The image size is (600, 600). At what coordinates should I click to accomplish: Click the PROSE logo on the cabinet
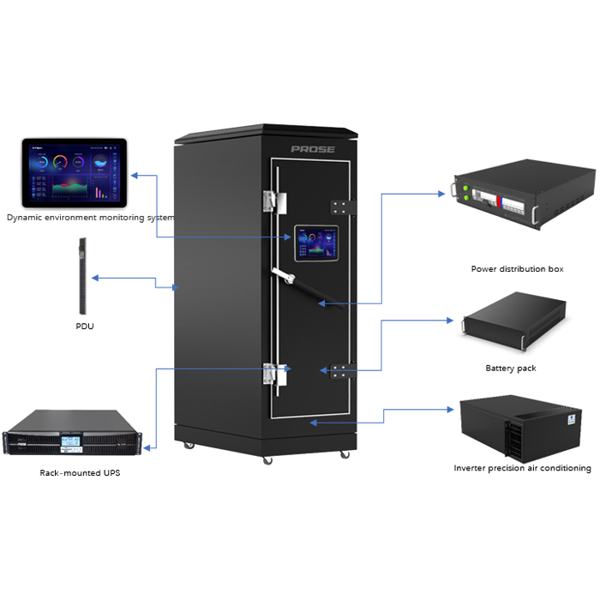313,149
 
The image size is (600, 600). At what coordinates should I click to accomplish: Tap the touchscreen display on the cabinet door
317,244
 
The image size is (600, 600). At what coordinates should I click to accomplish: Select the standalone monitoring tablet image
74,172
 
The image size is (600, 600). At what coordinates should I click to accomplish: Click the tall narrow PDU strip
83,279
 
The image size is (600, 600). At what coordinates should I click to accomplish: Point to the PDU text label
84,326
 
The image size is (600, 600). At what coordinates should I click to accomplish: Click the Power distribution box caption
517,269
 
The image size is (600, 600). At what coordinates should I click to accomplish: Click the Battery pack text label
511,369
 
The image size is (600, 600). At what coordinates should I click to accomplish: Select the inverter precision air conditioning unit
522,428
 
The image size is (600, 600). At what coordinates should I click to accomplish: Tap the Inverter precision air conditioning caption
522,468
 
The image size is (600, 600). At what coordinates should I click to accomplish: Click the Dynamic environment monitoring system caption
90,217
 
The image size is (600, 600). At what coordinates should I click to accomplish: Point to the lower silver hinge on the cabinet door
273,375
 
